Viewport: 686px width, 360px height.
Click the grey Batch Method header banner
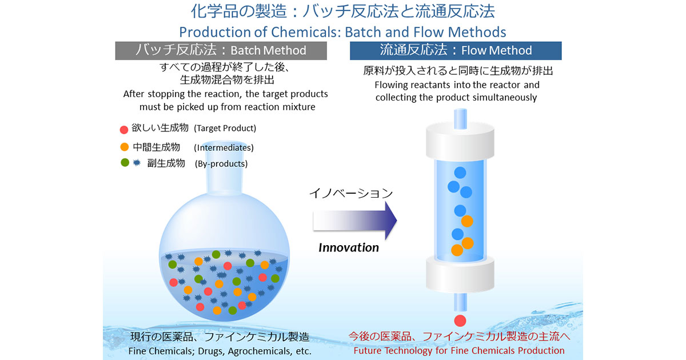pos(221,50)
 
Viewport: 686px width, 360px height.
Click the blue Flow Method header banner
pos(456,50)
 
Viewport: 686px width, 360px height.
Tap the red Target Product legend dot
pos(123,130)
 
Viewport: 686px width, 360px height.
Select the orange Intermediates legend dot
pos(125,147)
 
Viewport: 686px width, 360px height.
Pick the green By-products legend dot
pos(125,162)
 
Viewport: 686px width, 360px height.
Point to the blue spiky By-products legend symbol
pos(137,162)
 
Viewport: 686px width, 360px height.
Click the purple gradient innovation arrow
pos(354,221)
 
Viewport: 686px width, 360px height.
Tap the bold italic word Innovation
pos(349,247)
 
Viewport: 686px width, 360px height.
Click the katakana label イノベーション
pos(351,193)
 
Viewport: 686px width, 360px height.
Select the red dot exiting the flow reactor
pos(460,321)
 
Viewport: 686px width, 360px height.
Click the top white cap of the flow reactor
pos(460,141)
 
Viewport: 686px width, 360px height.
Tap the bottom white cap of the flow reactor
pos(460,274)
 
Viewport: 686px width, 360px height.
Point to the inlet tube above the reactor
pos(460,118)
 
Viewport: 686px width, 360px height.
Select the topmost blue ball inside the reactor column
pos(460,173)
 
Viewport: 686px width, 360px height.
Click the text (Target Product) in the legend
pos(225,128)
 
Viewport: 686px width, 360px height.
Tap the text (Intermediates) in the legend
pos(224,147)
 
